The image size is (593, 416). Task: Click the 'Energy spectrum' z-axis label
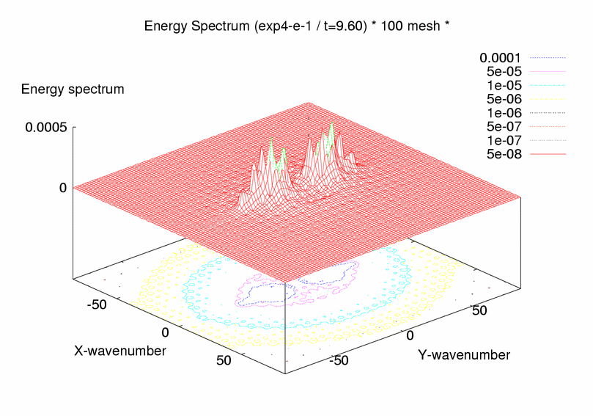pyautogui.click(x=73, y=90)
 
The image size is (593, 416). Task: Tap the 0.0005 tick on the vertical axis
pyautogui.click(x=46, y=127)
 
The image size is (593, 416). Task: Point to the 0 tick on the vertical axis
pyautogui.click(x=63, y=188)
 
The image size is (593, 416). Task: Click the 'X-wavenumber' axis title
pyautogui.click(x=120, y=351)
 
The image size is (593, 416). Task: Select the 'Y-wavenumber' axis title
pyautogui.click(x=464, y=355)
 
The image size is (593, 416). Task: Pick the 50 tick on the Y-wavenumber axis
pyautogui.click(x=479, y=311)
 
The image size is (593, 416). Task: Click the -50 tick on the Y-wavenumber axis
pyautogui.click(x=339, y=361)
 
